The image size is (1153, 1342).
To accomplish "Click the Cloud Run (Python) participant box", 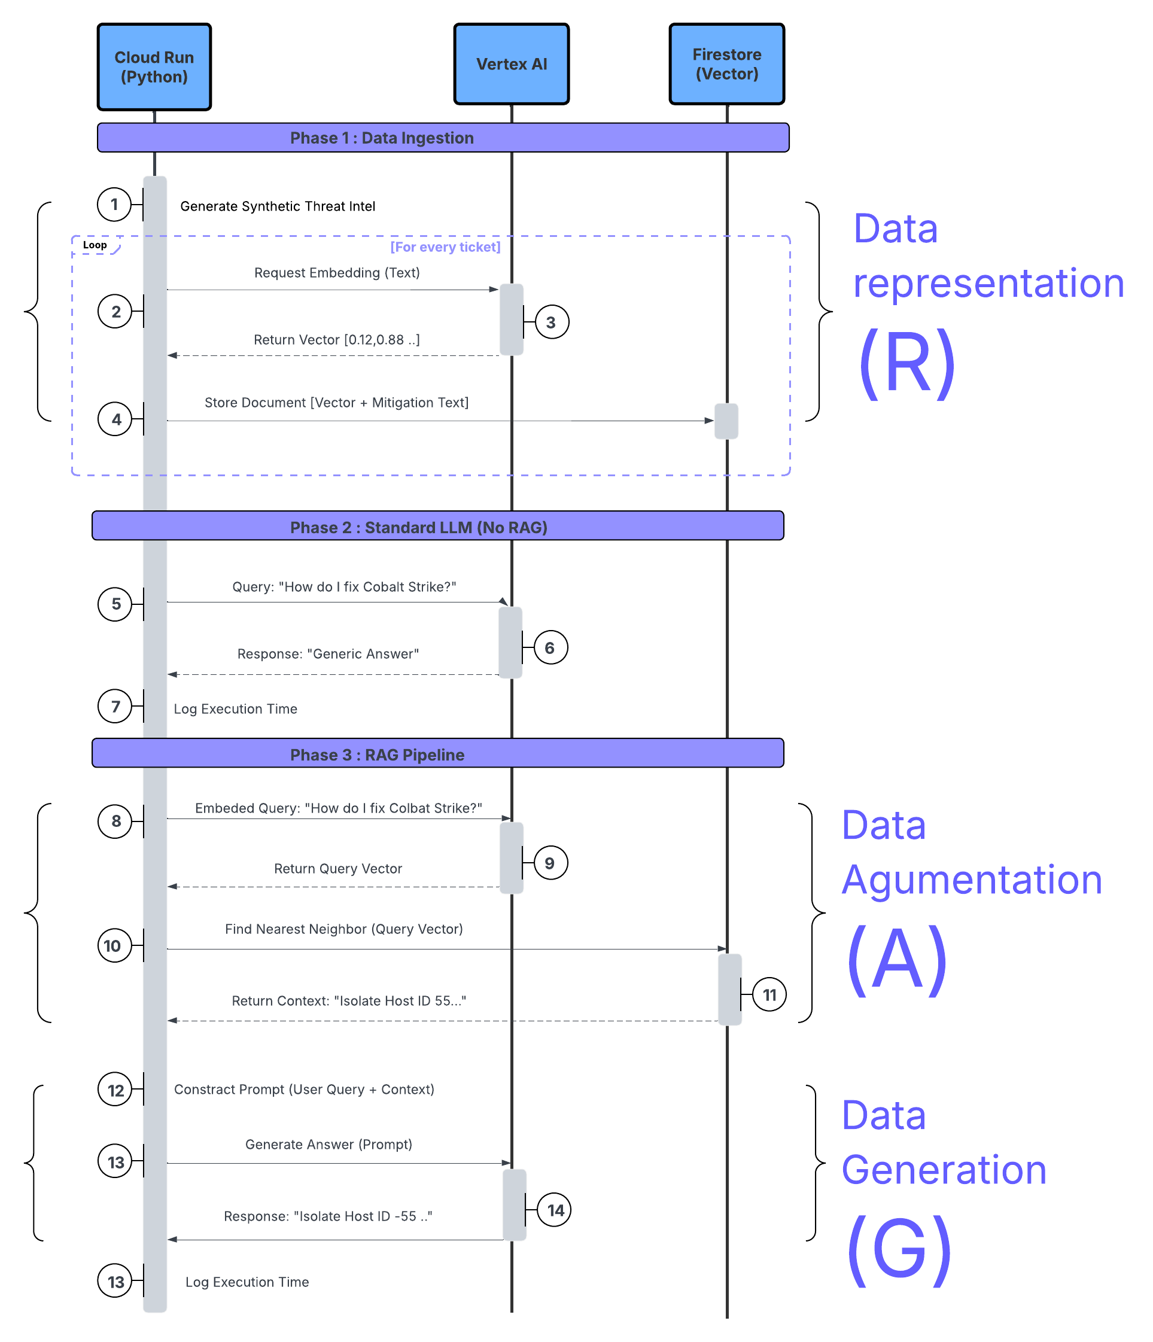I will pos(154,68).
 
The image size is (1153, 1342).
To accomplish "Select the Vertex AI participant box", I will pos(511,64).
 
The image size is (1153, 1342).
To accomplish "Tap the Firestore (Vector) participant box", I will pos(727,64).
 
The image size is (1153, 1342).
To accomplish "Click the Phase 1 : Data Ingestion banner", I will pos(443,138).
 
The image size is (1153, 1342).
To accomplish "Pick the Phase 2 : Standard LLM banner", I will pos(438,527).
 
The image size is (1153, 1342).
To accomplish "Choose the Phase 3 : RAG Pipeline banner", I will pos(438,754).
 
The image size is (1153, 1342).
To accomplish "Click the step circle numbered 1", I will pos(115,205).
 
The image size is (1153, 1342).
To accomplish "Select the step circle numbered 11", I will pos(769,994).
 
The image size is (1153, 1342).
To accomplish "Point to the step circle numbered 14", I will pos(555,1210).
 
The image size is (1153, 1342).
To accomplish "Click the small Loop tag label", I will pos(95,245).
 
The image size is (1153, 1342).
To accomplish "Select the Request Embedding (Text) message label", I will pos(337,273).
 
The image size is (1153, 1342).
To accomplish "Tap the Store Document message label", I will pos(336,402).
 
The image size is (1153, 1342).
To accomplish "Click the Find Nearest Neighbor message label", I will pos(343,929).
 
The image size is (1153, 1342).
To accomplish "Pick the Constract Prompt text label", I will pos(304,1090).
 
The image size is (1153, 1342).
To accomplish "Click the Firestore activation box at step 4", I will pos(726,421).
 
